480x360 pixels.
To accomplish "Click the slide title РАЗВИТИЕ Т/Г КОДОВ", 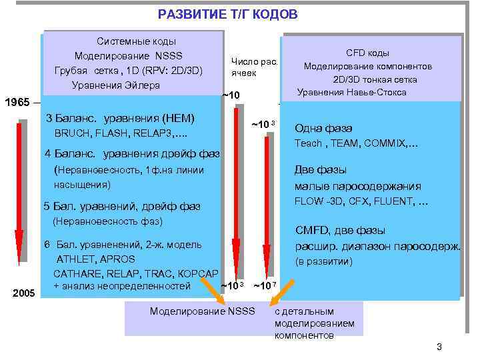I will [228, 14].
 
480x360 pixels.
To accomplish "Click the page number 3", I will [439, 346].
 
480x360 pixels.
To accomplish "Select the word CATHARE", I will [74, 273].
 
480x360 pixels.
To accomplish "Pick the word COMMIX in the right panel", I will [390, 143].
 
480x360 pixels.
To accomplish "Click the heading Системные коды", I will [128, 41].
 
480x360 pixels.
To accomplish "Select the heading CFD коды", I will [367, 53].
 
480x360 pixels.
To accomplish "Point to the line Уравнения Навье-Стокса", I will [351, 92].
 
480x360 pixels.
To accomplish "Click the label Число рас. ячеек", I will [253, 66].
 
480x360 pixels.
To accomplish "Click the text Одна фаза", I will [323, 129].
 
